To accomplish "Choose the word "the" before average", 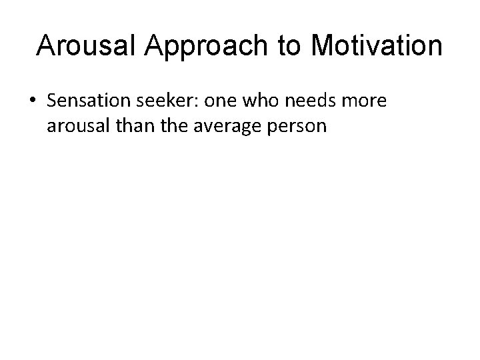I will (x=171, y=126).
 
